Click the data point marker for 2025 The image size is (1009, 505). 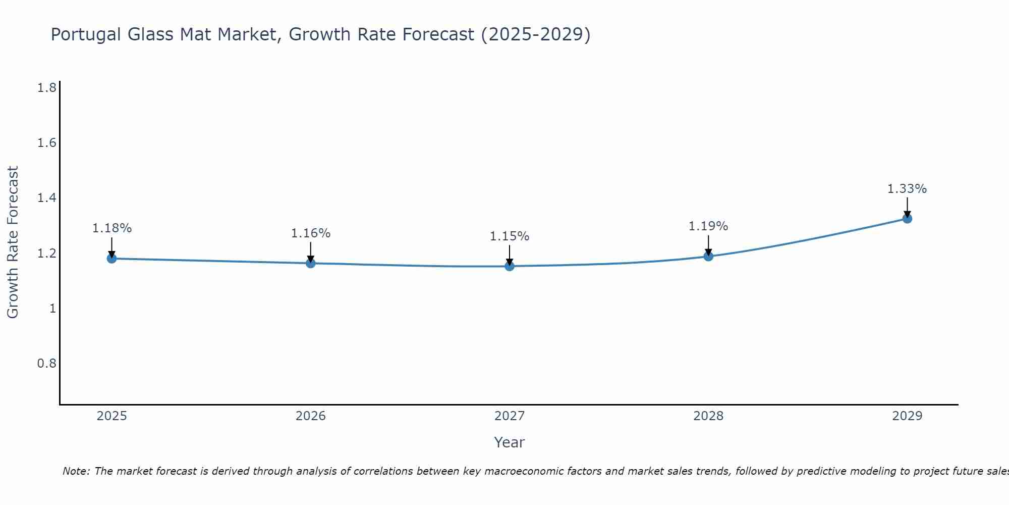[x=111, y=259]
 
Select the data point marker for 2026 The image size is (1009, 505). [x=310, y=263]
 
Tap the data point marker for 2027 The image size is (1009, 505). [x=510, y=266]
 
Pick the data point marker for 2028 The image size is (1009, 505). [x=708, y=256]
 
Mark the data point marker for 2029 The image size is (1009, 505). [x=907, y=219]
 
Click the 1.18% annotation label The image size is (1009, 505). [x=111, y=228]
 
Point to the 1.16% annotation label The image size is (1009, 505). [x=310, y=233]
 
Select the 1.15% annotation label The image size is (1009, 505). [x=510, y=236]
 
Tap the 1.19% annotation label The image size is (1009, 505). [x=708, y=226]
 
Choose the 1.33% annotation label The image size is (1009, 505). [x=907, y=189]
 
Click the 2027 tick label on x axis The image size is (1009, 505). [x=510, y=416]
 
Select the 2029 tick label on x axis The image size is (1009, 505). [x=907, y=416]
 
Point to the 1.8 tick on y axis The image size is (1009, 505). [x=47, y=88]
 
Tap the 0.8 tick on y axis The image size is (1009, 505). [x=47, y=364]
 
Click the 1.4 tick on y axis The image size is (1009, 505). [x=47, y=198]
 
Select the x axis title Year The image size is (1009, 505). [x=510, y=442]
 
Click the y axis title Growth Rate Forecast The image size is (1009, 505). [x=13, y=242]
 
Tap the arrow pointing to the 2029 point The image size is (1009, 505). [x=907, y=207]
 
